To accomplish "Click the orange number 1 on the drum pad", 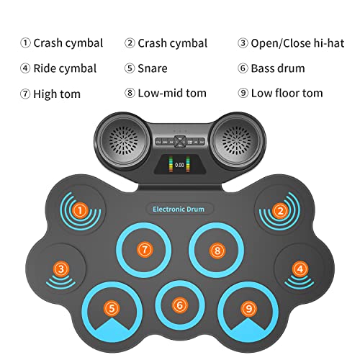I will pos(81,211).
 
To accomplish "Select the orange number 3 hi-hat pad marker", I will pos(61,269).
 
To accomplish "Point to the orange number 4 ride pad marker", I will pos(299,269).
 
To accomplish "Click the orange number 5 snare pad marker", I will pos(111,307).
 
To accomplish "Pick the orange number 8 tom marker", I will pos(216,249).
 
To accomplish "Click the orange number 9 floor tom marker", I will pos(248,308).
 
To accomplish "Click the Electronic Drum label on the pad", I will pos(179,209).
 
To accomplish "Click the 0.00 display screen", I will pos(180,164).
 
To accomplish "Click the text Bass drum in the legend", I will pos(277,68).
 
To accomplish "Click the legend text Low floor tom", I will pos(287,93).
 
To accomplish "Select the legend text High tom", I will pos(57,93).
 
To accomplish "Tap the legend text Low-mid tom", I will pos(172,93).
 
